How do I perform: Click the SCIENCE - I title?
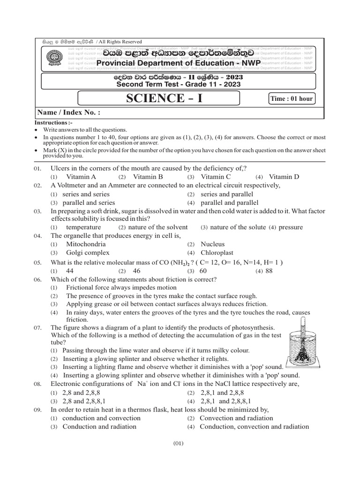158,98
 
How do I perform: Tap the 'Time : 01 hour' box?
291,99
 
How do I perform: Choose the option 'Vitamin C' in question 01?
216,177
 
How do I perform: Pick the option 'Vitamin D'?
284,177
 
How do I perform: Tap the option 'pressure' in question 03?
291,227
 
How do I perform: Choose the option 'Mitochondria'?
86,244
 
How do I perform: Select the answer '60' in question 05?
203,270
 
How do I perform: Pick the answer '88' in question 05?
269,270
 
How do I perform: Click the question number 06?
38,279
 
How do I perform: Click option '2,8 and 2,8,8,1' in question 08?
84,401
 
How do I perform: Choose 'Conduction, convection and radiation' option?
254,427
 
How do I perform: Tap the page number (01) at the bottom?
178,443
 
